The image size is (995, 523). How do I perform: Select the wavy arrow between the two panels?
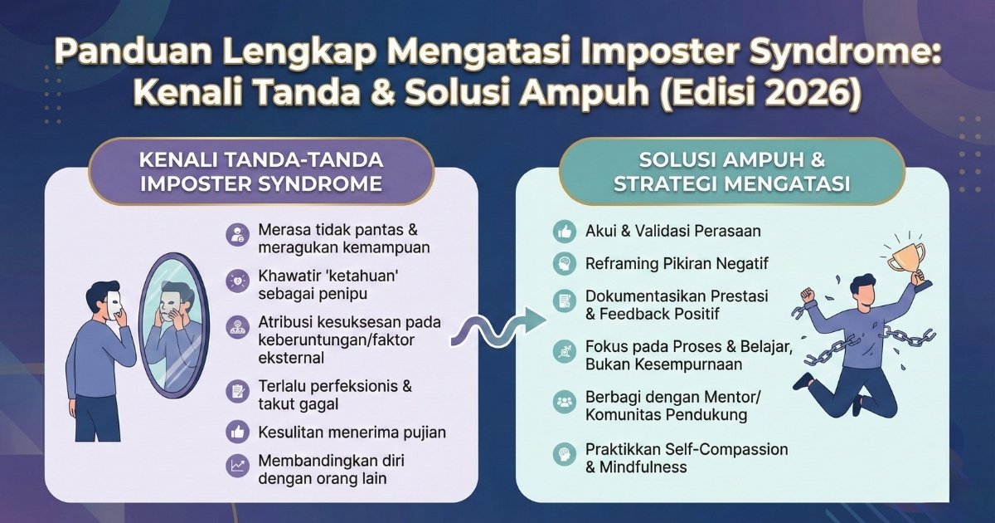[x=498, y=326]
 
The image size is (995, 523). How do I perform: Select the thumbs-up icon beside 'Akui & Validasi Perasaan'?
[x=565, y=232]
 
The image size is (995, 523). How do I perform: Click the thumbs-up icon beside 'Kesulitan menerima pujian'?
[x=236, y=432]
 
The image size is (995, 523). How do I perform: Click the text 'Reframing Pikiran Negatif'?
[x=677, y=263]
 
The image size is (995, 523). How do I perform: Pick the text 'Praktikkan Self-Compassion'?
[x=687, y=449]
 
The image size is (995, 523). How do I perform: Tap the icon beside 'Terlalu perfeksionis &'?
[x=236, y=393]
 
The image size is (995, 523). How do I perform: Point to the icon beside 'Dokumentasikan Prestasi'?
[x=565, y=301]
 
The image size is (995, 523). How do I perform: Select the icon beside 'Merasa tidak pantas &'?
[x=236, y=235]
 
